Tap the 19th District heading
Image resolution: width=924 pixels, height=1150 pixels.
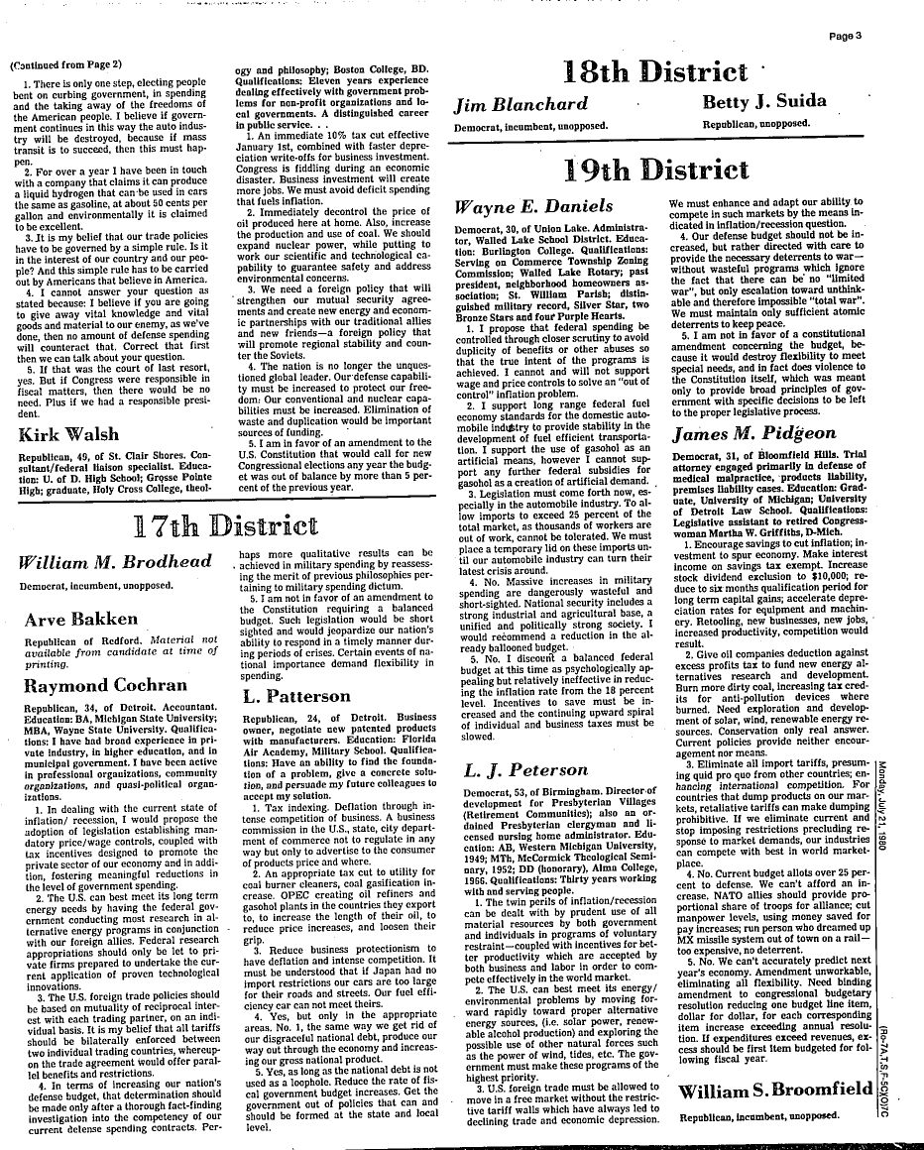coord(657,169)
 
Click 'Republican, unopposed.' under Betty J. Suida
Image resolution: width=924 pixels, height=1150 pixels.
coord(755,126)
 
